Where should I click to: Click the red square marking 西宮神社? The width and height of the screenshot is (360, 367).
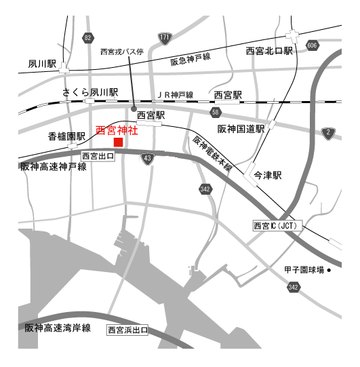[x=118, y=142]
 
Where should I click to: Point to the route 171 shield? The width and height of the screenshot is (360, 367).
[x=165, y=37]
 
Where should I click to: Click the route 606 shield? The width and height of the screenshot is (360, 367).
[x=311, y=45]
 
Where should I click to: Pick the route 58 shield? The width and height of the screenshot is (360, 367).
[x=216, y=111]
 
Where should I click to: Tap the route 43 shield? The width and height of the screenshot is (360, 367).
[x=148, y=157]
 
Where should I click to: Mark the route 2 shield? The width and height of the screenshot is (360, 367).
[x=329, y=132]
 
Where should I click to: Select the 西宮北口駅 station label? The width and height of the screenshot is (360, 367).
[x=269, y=51]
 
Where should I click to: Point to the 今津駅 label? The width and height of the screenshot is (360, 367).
[x=267, y=175]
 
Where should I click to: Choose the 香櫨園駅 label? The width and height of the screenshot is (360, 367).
[x=66, y=136]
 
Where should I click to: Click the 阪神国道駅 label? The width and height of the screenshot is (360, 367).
[x=240, y=128]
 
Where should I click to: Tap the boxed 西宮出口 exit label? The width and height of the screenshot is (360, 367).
[x=98, y=156]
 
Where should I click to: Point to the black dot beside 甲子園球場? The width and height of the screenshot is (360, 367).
[x=329, y=270]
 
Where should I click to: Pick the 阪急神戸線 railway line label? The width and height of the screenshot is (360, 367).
[x=191, y=62]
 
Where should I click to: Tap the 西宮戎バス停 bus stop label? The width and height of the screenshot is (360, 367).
[x=121, y=52]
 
